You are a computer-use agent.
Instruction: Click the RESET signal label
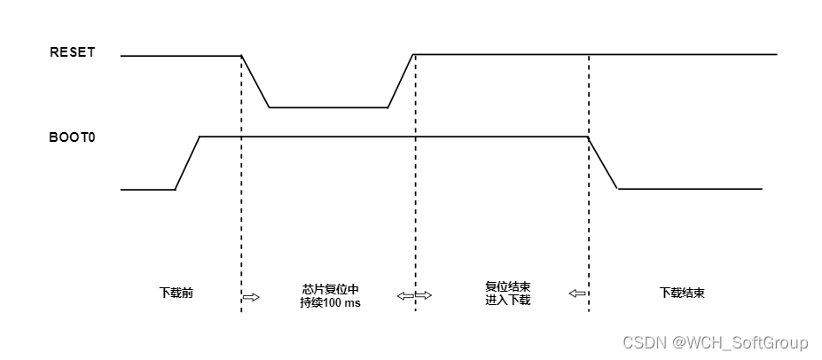72,52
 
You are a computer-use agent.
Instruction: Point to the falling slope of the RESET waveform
255,82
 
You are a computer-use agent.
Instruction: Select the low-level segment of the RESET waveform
328,107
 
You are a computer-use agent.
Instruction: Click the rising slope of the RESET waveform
401,82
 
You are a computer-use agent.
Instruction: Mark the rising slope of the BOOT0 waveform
187,163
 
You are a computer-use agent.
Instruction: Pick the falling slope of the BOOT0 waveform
603,163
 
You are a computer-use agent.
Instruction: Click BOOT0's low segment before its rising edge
148,189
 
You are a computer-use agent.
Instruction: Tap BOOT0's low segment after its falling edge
690,189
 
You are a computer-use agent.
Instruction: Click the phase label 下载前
176,292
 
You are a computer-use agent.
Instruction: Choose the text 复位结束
507,287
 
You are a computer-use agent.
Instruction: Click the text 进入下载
507,301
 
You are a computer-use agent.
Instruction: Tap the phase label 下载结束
682,293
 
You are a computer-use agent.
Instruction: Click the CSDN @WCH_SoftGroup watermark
715,342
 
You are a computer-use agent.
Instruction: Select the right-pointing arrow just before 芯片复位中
251,297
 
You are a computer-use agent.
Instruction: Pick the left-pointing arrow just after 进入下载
577,294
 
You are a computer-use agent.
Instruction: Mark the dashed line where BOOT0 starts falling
588,222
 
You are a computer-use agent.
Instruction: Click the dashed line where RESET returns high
415,222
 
